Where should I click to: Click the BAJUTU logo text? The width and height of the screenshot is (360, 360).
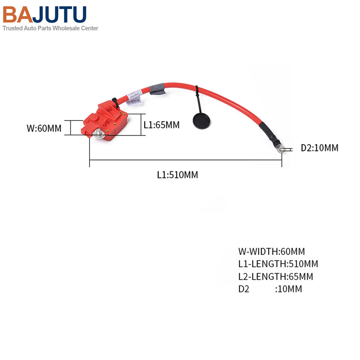coord(45,15)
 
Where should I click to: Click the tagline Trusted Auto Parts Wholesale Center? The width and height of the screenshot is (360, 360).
coord(51,28)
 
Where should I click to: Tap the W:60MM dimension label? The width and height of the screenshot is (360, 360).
coord(43,128)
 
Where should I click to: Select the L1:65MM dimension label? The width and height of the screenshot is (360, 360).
coord(162,124)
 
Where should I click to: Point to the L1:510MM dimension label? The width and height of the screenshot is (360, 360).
coord(177,174)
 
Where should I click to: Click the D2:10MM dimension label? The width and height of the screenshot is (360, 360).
coord(319,148)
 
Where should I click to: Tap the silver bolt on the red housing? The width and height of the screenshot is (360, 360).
coord(99,133)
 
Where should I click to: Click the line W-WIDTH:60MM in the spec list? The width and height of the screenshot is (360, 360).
coord(271,251)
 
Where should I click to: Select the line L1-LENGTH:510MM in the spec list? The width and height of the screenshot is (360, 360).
coord(278,264)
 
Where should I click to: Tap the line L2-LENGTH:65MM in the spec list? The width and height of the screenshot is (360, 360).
coord(275,276)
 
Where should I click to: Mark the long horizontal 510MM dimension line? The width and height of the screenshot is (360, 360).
coord(186,160)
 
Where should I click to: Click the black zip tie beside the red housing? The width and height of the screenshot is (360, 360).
coord(114,102)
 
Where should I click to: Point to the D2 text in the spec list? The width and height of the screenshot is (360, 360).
coord(243,289)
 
